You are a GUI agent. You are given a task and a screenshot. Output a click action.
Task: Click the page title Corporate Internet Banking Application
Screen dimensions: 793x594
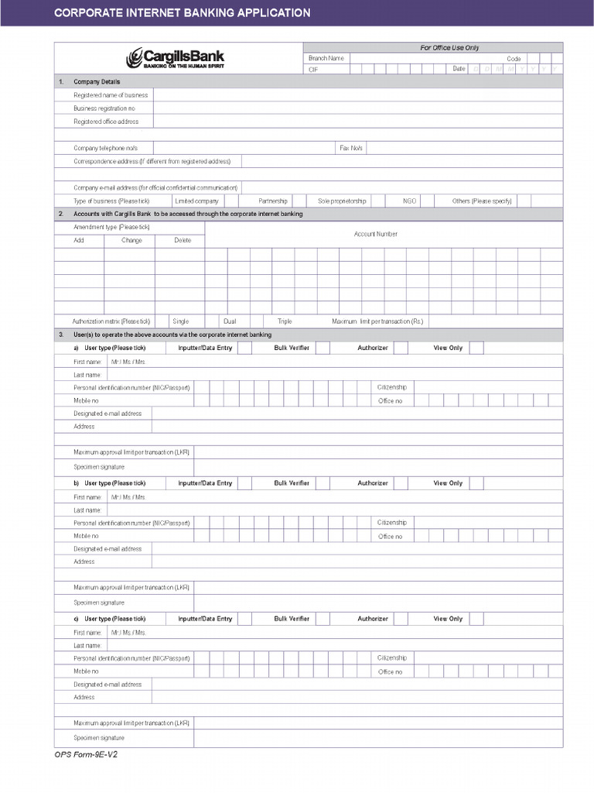tap(182, 13)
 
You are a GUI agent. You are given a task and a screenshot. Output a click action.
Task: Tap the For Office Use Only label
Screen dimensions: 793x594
tap(449, 48)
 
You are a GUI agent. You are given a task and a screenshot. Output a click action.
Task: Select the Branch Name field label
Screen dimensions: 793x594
tap(326, 58)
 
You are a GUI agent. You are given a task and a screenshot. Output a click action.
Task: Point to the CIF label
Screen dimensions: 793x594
tap(313, 69)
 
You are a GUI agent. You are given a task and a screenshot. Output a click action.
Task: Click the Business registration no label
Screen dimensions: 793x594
tap(104, 108)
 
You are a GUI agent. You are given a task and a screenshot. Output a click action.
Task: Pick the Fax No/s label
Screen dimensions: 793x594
tap(351, 148)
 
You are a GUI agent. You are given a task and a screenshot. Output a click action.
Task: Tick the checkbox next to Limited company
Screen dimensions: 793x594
tap(232, 201)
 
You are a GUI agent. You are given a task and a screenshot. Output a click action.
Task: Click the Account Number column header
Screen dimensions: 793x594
tap(376, 234)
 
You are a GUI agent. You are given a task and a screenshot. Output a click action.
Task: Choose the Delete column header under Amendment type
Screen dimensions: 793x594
tap(183, 240)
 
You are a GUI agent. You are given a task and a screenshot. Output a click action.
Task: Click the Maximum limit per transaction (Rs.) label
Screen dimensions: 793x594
tap(377, 321)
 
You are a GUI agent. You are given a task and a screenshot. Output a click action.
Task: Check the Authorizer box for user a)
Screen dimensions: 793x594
tap(401, 348)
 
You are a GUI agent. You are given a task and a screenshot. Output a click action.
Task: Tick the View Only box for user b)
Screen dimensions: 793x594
tap(476, 483)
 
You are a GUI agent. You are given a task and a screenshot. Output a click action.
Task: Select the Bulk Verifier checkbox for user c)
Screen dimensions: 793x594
tap(323, 619)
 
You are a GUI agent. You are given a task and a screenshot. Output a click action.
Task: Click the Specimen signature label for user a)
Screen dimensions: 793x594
tap(99, 467)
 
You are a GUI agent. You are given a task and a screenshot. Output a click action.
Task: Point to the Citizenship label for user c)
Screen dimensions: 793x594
tap(392, 657)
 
